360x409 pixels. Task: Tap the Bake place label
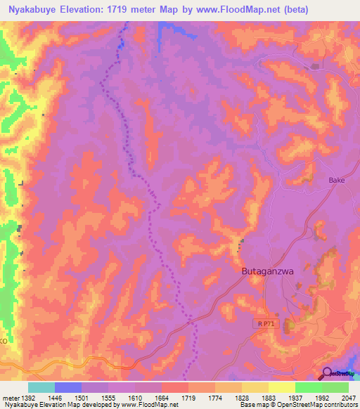[x=337, y=181]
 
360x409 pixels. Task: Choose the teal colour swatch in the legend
[x=41, y=387]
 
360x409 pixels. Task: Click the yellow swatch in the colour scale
[x=282, y=387]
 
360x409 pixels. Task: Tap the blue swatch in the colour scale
[x=68, y=387]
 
